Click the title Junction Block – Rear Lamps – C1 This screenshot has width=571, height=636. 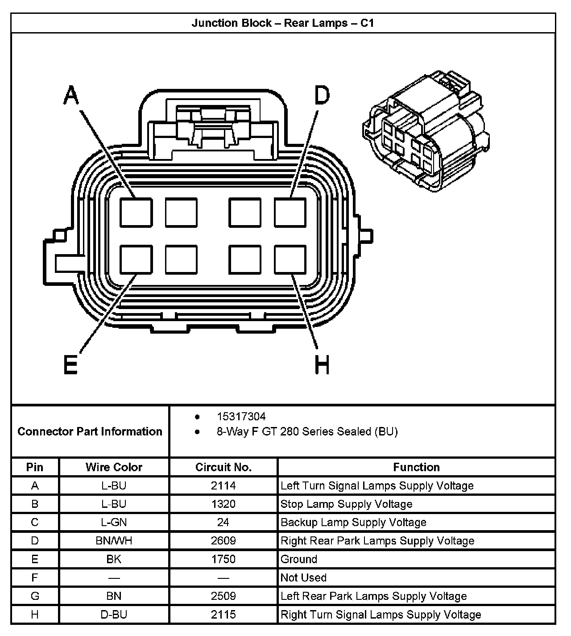[283, 23]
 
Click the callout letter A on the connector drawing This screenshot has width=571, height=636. [71, 95]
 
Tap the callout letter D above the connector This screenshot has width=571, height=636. [322, 95]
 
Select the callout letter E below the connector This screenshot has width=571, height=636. [70, 364]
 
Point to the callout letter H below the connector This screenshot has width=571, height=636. [322, 364]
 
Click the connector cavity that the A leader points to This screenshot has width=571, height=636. [136, 212]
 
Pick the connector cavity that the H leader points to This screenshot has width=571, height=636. [290, 259]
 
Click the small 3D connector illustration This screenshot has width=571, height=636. [426, 132]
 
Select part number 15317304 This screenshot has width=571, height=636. [241, 417]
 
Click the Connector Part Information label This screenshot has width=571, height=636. [90, 431]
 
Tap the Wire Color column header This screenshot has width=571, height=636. [114, 467]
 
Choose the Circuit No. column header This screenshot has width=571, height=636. [223, 467]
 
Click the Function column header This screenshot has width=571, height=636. [416, 467]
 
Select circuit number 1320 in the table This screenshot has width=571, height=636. [223, 504]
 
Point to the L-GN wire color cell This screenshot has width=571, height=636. [114, 523]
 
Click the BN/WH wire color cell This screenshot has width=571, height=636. [114, 541]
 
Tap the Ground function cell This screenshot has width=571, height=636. [299, 559]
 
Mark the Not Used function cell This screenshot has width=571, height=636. [303, 577]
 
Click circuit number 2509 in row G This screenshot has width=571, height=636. [223, 596]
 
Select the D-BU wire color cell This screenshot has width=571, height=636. [114, 615]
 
